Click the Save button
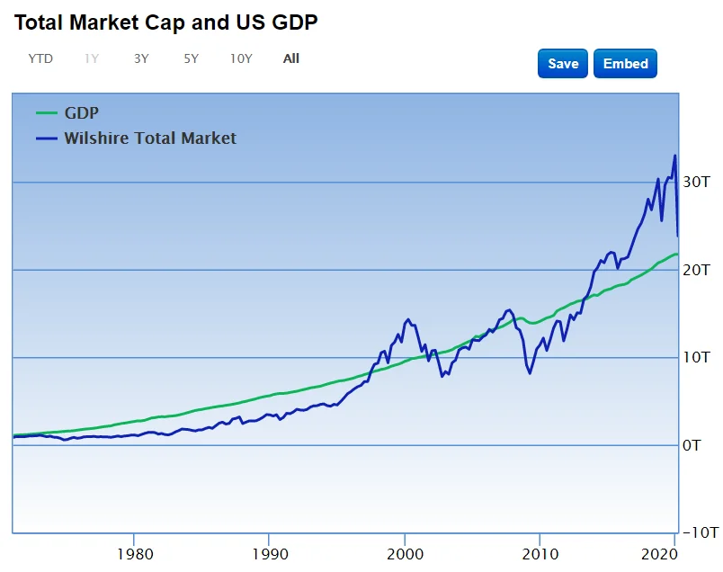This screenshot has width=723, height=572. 563,64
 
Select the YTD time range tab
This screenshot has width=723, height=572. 40,58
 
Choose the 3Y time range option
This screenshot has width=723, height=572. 141,58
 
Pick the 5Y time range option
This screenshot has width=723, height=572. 191,58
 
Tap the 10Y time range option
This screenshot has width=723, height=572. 241,58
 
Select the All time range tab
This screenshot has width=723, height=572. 291,58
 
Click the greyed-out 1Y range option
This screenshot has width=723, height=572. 92,58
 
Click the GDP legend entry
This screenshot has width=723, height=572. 81,113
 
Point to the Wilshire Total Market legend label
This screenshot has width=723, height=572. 150,139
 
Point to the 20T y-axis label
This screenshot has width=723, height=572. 696,270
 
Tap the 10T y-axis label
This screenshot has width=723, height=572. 696,358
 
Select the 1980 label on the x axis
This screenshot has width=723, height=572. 134,552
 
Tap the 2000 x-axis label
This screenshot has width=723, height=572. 405,552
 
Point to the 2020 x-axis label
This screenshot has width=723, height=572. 661,552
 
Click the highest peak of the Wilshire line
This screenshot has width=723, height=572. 674,156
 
